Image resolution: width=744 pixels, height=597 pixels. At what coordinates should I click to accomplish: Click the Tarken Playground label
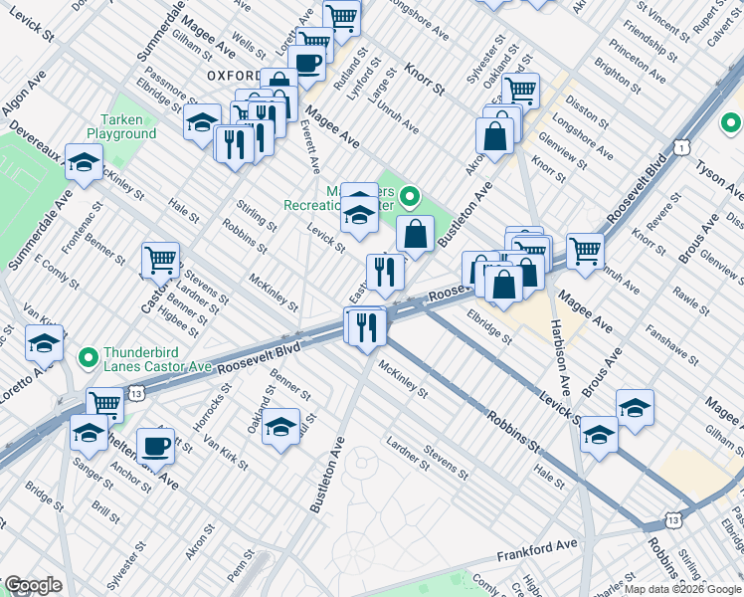[120, 125]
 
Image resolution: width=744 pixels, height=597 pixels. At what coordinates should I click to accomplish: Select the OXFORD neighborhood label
[234, 75]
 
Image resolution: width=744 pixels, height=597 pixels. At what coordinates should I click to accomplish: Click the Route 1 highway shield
[679, 147]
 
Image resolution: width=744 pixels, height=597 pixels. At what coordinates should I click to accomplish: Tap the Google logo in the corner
[32, 585]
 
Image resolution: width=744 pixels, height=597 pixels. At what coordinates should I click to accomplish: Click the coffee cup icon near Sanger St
[154, 446]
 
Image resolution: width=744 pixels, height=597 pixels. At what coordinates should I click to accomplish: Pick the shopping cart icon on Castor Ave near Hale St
[160, 261]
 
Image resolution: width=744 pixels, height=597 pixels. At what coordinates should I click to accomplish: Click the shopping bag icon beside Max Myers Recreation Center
[415, 235]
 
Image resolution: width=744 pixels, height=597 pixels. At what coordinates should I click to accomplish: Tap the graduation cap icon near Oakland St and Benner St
[280, 427]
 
